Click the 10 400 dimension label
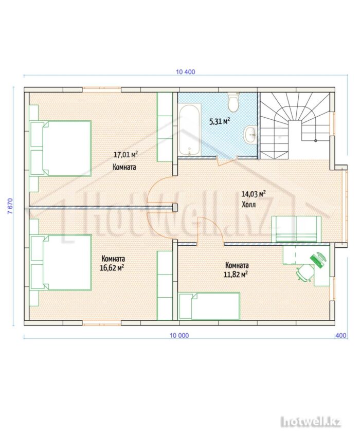(185, 72)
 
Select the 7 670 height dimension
(10, 206)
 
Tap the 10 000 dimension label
(179, 335)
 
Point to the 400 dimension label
(341, 335)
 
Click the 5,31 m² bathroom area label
(220, 121)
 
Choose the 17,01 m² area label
(125, 154)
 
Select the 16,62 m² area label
(112, 268)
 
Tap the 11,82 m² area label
(236, 275)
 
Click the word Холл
(248, 205)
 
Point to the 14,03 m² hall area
(253, 194)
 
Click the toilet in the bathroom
(233, 102)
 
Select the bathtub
(190, 130)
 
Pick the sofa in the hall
(296, 229)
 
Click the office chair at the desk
(305, 272)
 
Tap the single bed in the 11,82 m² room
(209, 305)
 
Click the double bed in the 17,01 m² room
(61, 148)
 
